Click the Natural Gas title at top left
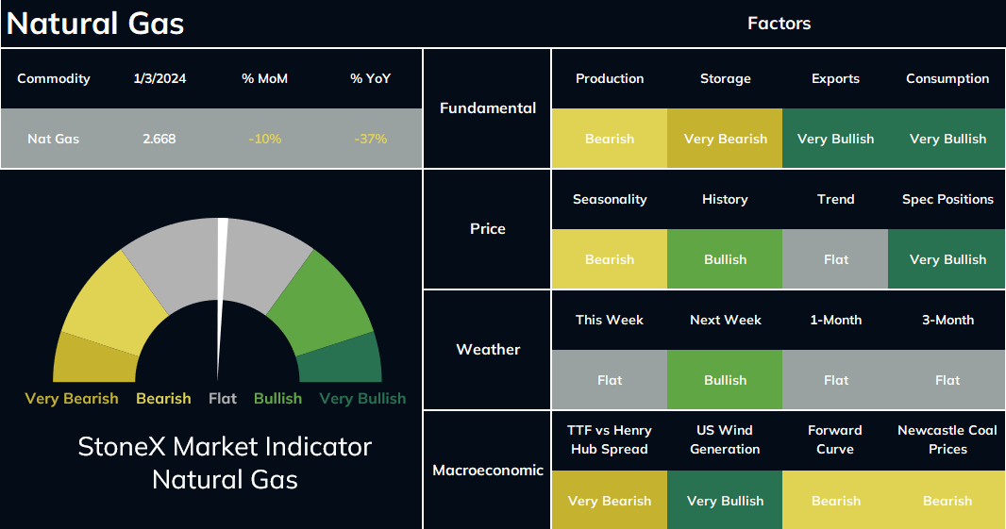(x=95, y=24)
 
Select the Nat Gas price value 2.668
(x=159, y=139)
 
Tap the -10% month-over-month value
(x=265, y=139)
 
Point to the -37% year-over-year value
(x=371, y=139)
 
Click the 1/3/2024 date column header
(x=159, y=78)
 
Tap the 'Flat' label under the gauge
(x=223, y=398)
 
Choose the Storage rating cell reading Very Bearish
(x=725, y=139)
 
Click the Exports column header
(x=835, y=78)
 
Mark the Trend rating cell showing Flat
(x=835, y=259)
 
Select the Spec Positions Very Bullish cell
(x=947, y=259)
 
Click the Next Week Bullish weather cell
(x=725, y=380)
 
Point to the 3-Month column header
(x=947, y=320)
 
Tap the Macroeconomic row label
(x=488, y=470)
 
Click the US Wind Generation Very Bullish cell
(x=725, y=500)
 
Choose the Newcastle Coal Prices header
(x=947, y=439)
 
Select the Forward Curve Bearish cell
(x=835, y=500)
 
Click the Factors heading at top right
(x=779, y=24)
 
